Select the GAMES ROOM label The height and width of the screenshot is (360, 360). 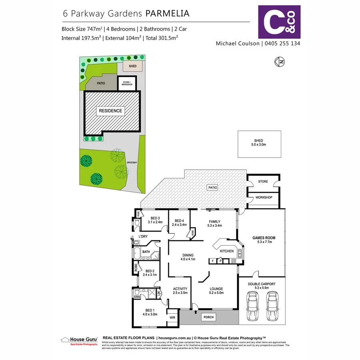[x=264, y=238]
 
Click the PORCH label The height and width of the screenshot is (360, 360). [x=208, y=317]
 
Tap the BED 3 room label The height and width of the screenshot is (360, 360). [x=155, y=218]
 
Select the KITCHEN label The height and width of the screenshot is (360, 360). [x=226, y=251]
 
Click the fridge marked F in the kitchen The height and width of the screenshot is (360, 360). [x=213, y=261]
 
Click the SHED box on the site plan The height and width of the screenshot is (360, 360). [x=132, y=66]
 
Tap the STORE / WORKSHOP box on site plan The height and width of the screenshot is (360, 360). [x=127, y=84]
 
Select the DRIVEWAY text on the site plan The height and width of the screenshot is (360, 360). [x=132, y=162]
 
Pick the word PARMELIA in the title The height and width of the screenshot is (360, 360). [x=167, y=13]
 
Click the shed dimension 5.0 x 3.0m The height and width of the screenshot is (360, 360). [x=258, y=145]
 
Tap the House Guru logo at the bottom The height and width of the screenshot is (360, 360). [x=79, y=340]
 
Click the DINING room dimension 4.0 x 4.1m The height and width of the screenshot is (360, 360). [x=188, y=259]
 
